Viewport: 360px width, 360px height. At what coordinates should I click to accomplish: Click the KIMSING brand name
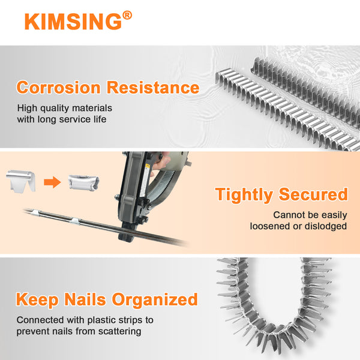click(73, 22)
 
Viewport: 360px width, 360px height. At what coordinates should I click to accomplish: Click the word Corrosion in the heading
click(58, 88)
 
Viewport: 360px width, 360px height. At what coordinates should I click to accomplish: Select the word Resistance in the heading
click(153, 88)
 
